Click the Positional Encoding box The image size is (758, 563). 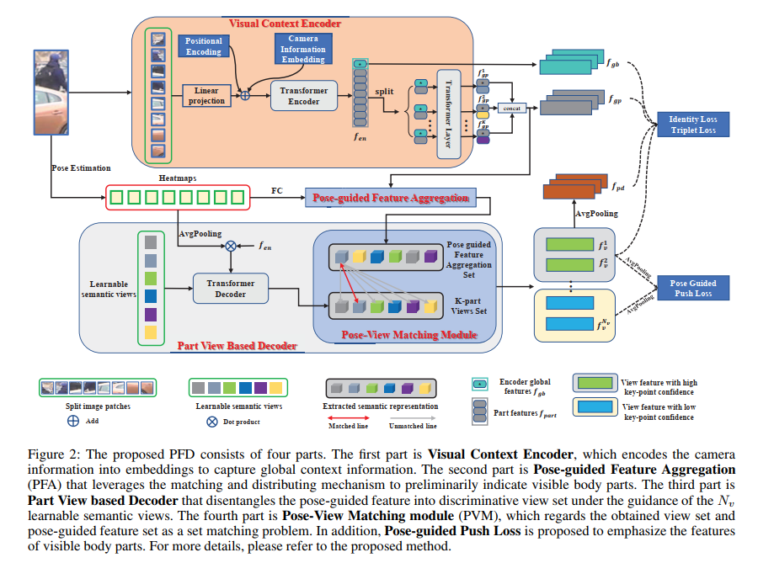click(204, 46)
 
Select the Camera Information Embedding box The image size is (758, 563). click(303, 49)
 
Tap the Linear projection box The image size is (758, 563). click(206, 96)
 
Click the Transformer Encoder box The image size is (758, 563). click(303, 96)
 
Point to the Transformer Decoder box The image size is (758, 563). click(231, 289)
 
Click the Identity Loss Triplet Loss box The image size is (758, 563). click(693, 125)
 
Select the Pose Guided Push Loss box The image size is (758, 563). click(693, 289)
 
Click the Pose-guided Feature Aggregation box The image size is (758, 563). click(391, 198)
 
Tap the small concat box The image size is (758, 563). click(512, 109)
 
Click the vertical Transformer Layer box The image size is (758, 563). click(449, 114)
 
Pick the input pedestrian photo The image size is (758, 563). click(51, 93)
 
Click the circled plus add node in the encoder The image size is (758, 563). click(245, 96)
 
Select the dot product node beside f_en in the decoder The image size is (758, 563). click(231, 247)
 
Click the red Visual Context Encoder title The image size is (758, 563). click(285, 24)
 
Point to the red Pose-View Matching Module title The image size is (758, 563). click(409, 335)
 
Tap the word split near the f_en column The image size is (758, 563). click(384, 92)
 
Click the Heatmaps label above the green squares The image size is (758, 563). click(178, 178)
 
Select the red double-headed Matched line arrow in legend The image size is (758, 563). click(348, 418)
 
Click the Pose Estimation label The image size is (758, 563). click(81, 168)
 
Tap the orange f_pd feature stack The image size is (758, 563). click(575, 186)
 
